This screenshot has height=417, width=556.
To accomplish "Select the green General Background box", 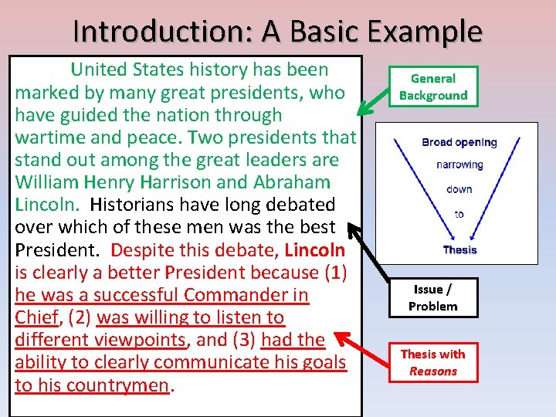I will tap(433, 86).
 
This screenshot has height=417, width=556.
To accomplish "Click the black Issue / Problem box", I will tap(433, 298).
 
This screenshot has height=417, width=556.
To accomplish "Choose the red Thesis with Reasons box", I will tap(433, 362).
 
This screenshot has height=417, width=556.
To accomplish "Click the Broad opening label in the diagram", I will tap(459, 142).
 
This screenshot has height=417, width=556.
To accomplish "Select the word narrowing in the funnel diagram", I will tap(459, 164).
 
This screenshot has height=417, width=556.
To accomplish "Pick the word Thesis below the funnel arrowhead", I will tap(459, 249).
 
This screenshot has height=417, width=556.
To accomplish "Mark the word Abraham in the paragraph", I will tap(296, 183).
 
